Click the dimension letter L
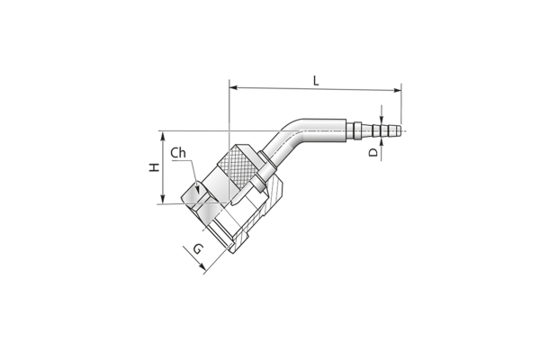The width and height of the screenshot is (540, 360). click(316, 81)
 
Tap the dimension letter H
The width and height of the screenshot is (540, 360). click(155, 167)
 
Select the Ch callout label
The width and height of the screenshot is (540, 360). click(178, 153)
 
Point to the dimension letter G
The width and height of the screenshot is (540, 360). click(198, 248)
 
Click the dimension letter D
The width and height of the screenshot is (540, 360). click(373, 152)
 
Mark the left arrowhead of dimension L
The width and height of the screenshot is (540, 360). click(233, 87)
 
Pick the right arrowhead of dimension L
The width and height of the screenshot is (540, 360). click(398, 90)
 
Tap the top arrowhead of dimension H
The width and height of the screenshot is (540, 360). click(163, 135)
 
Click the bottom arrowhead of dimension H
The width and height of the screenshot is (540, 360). click(163, 200)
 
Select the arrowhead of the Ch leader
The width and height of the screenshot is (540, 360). click(197, 190)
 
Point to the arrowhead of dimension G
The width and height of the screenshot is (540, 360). click(202, 266)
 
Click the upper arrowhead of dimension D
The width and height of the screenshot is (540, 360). click(382, 119)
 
